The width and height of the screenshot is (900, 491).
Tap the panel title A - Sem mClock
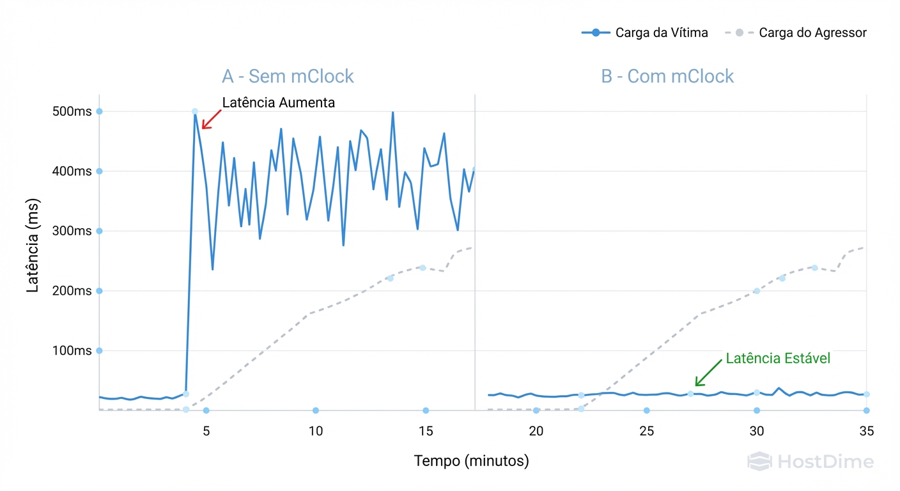point(288,77)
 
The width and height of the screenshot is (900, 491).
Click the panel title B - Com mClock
point(667,77)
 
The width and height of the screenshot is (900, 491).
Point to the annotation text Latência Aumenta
point(278,102)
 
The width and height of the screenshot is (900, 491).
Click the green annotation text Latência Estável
point(778,359)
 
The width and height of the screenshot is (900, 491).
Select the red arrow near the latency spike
point(211,120)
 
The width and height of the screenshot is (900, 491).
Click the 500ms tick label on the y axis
point(72,111)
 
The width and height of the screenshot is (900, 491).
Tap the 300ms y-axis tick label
point(72,231)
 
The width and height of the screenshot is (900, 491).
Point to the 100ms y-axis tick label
point(72,350)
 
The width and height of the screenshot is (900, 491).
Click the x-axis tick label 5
point(206,432)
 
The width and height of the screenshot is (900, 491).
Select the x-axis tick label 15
point(426,432)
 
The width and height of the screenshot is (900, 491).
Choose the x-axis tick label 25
point(646,432)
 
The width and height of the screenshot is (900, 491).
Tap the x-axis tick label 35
point(866,432)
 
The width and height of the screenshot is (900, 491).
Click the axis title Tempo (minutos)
point(471,460)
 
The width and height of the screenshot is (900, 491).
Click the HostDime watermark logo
point(810,462)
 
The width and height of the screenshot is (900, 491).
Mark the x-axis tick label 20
point(536,432)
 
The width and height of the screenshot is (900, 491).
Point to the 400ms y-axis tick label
point(72,171)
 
